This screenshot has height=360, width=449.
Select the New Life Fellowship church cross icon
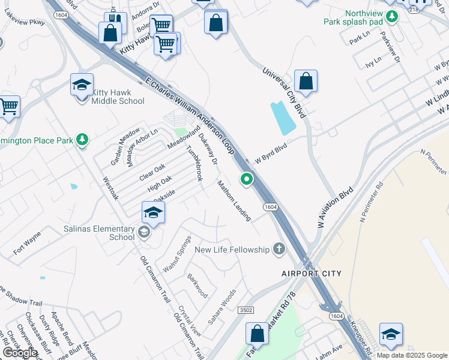coord(278,248)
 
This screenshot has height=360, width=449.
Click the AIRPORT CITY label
coord(312,274)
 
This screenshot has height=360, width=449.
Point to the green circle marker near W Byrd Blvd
coord(246,179)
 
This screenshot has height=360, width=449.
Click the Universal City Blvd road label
coord(284,91)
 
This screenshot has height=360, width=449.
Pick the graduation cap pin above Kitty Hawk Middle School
coord(82,85)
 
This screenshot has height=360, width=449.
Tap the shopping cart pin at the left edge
coord(8,107)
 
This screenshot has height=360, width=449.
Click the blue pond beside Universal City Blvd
coord(283,118)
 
